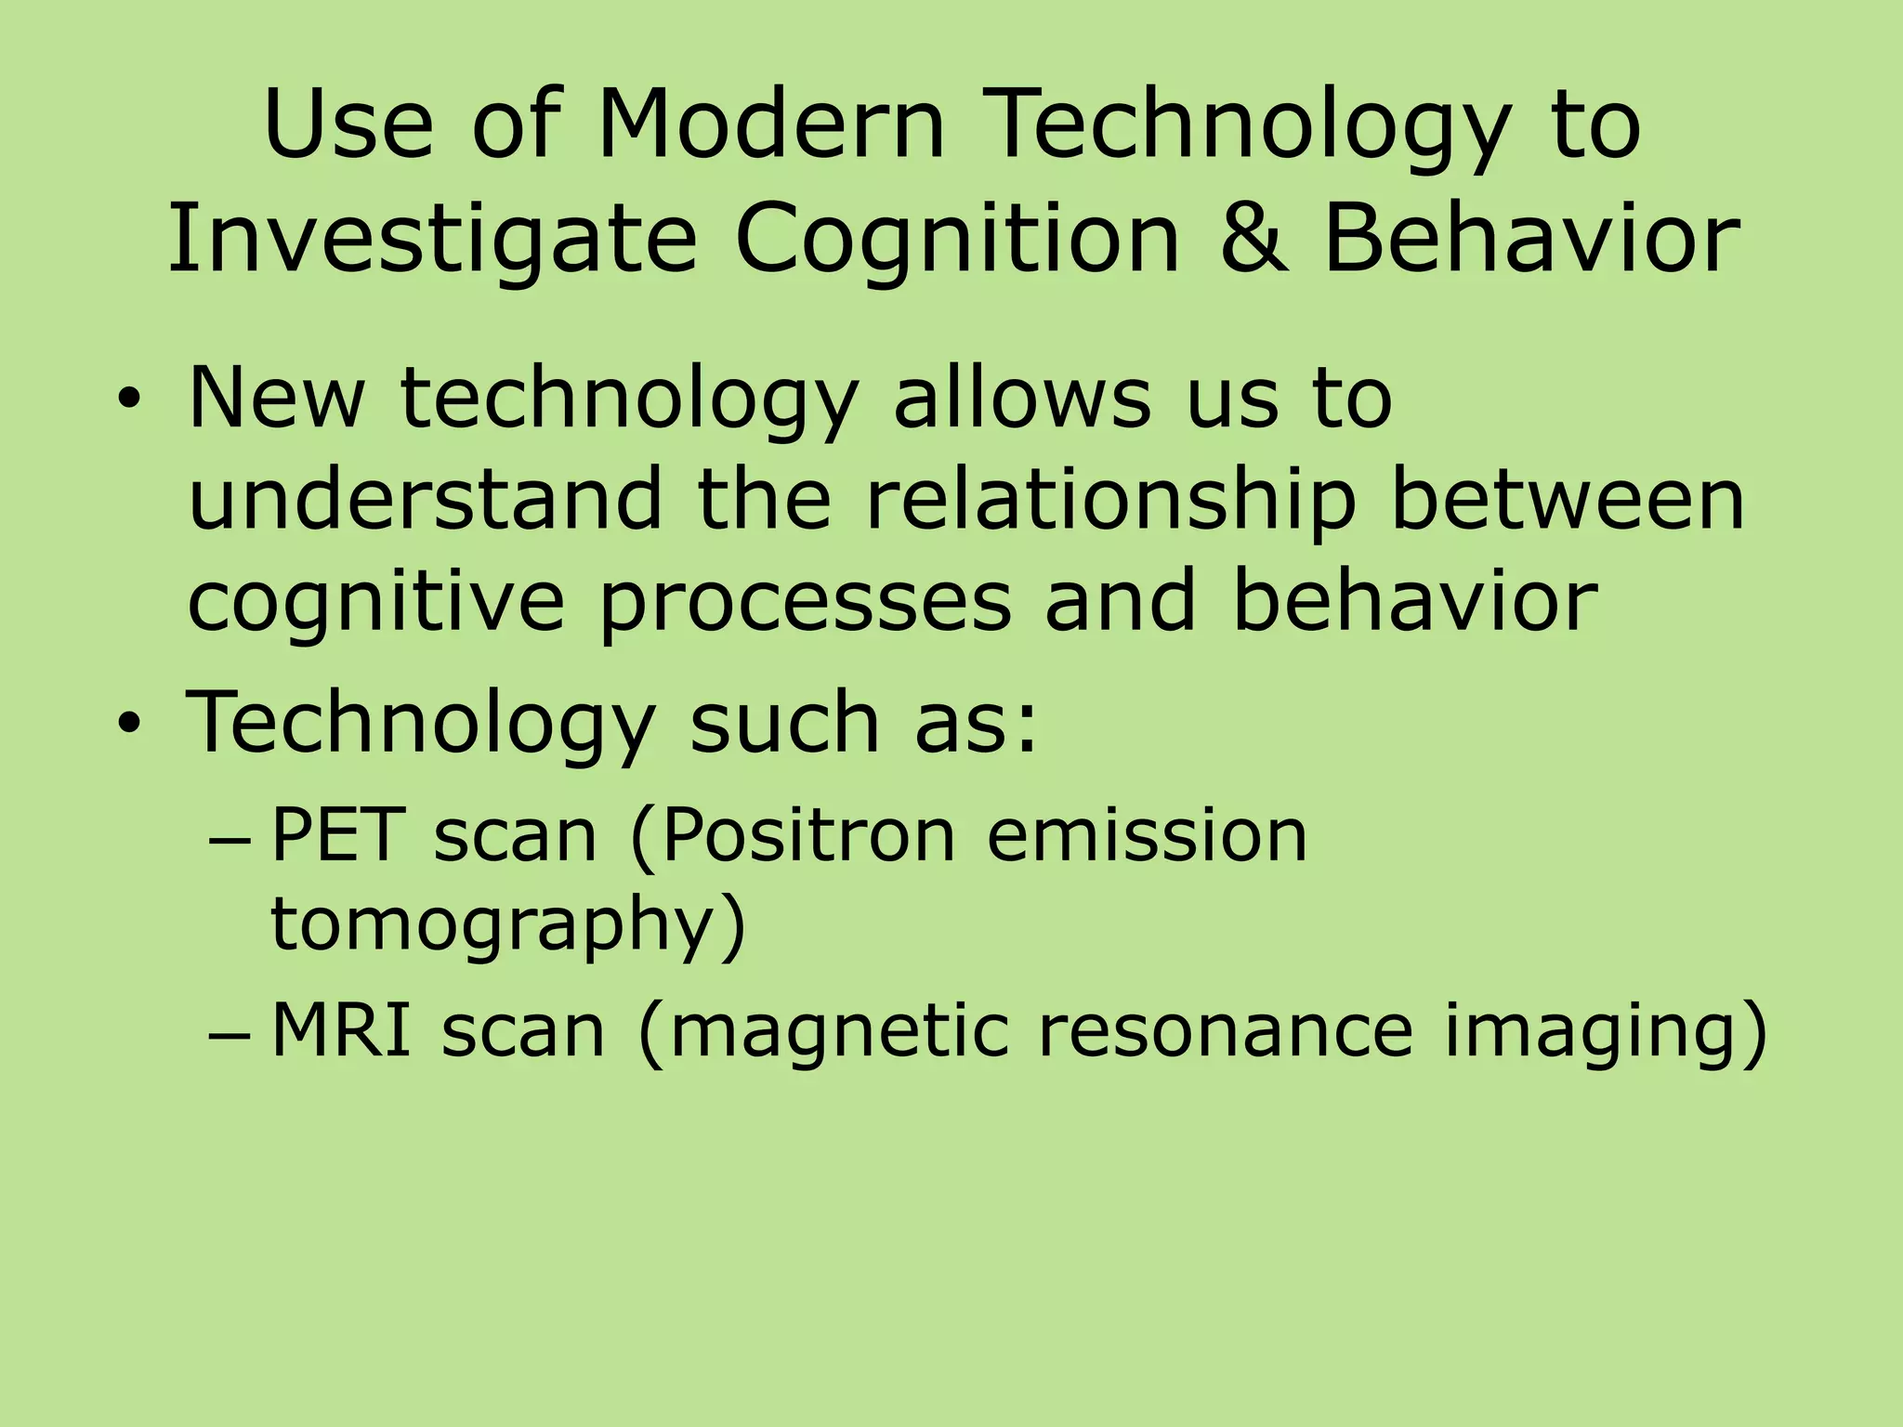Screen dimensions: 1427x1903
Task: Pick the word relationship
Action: click(1110, 502)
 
